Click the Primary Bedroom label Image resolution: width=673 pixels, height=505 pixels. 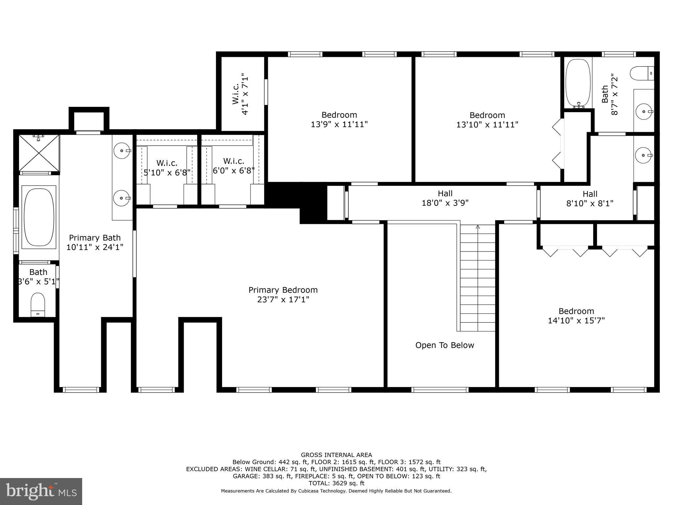(x=283, y=290)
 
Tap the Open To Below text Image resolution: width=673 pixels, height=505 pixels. (x=445, y=345)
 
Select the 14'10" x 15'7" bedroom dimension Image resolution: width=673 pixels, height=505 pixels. (x=576, y=321)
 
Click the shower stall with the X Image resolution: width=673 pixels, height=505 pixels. (x=39, y=153)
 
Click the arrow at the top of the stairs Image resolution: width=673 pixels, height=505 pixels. (x=478, y=227)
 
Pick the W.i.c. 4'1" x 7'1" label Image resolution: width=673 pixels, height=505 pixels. (x=240, y=94)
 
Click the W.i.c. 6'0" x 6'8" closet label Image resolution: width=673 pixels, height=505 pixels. (x=234, y=166)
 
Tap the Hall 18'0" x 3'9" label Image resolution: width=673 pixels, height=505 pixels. (x=445, y=198)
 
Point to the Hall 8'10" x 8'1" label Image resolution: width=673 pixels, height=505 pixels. (x=590, y=199)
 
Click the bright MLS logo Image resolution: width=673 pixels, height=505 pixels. (x=41, y=491)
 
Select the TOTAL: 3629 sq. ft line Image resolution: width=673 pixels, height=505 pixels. (x=336, y=483)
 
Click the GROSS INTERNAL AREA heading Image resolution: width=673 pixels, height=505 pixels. (x=336, y=455)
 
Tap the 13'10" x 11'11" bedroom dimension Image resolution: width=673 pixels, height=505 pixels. (x=487, y=125)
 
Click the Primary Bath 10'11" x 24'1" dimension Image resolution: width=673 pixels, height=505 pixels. (x=95, y=247)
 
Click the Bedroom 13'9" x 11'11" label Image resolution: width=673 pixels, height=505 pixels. (x=339, y=120)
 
